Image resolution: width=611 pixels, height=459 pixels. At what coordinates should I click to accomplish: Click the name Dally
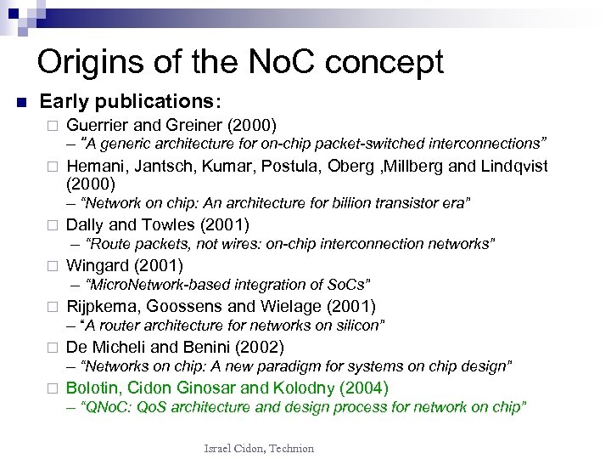click(84, 225)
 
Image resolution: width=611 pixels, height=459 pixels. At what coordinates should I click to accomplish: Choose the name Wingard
click(98, 266)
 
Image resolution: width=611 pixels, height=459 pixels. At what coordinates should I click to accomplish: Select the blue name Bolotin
click(92, 388)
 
